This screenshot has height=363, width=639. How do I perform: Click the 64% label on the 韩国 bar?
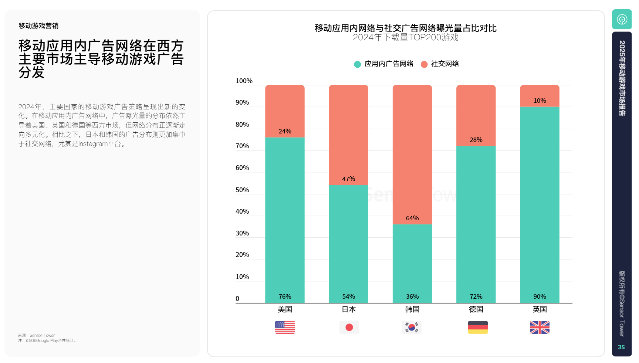click(412, 218)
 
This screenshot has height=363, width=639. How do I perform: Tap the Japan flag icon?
click(349, 327)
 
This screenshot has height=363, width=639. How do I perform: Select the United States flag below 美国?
click(285, 327)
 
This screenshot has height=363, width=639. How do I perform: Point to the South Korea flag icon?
click(412, 327)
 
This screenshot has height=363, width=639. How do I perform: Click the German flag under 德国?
click(478, 327)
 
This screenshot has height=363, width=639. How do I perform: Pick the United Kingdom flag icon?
click(540, 327)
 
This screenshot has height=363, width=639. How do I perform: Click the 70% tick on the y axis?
click(242, 146)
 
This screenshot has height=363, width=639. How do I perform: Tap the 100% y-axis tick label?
click(244, 81)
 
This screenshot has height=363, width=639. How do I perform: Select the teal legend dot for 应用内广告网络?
click(357, 64)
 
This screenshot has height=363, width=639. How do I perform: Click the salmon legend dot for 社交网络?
click(424, 64)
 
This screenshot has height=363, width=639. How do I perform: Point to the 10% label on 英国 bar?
click(540, 101)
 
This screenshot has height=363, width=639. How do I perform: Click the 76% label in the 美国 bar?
click(285, 296)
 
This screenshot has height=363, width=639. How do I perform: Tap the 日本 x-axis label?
click(349, 309)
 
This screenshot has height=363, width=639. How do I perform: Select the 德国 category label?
click(476, 309)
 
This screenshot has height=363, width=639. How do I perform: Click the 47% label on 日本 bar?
click(348, 179)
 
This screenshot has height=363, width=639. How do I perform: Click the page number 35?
click(621, 347)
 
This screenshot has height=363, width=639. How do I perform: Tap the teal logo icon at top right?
click(622, 19)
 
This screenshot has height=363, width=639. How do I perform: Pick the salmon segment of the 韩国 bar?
click(412, 148)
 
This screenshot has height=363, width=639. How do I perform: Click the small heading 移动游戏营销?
click(38, 26)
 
